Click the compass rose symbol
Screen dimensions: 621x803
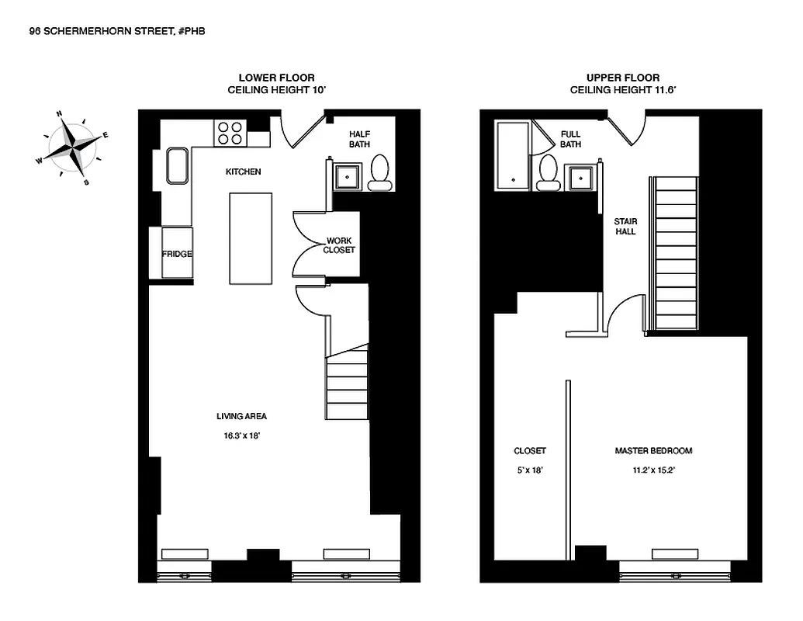point(72,146)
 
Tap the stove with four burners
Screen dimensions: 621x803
point(230,133)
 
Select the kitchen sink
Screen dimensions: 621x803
point(178,166)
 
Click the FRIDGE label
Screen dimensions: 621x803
point(177,254)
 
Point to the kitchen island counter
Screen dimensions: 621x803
point(251,238)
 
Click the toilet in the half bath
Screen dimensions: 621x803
point(380,173)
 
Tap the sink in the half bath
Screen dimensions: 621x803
point(347,176)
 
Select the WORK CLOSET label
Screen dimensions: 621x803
point(339,245)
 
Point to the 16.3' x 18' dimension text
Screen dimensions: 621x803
point(241,436)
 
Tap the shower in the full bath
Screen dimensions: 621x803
point(513,154)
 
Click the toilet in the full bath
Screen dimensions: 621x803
point(549,172)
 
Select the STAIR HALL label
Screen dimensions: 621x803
point(625,226)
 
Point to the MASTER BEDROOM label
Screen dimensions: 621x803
point(653,451)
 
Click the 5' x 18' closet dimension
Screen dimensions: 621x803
point(530,470)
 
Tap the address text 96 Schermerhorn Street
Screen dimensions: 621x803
point(116,31)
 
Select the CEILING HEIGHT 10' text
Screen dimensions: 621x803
point(276,90)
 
